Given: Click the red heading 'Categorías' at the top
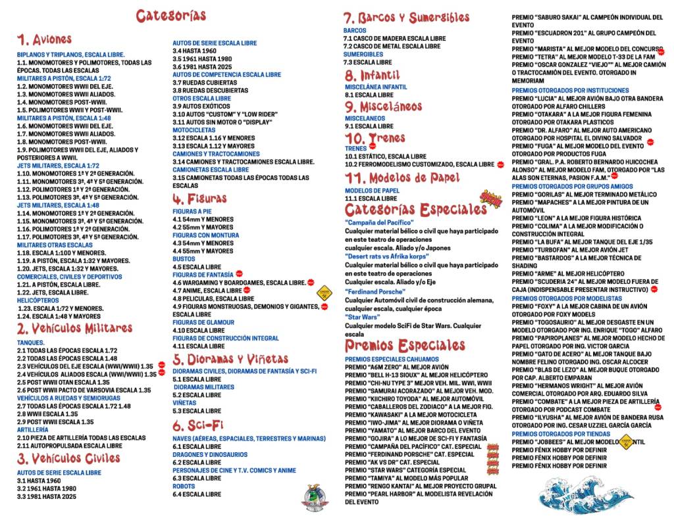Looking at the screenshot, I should point(171,16).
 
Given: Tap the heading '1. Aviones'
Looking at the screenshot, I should point(45,40).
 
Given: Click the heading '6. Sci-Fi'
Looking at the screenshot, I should point(197,425).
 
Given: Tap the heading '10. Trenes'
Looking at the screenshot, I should point(376,138).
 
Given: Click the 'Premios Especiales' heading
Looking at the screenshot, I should point(405,346).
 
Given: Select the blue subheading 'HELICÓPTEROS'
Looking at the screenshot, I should point(38,300).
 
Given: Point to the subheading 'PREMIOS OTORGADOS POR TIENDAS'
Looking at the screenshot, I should point(561,434).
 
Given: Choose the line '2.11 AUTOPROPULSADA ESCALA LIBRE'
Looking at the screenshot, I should point(70,446).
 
